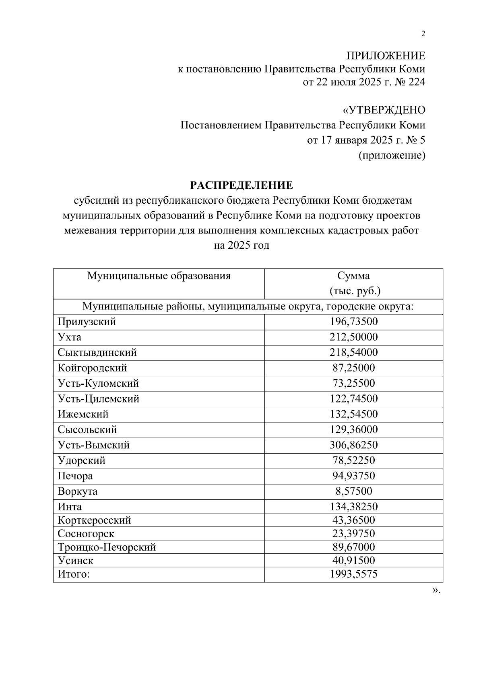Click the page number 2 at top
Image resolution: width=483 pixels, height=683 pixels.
(423, 34)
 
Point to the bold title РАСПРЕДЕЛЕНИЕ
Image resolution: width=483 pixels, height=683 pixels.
(242, 185)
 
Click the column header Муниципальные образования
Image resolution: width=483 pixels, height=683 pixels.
(159, 276)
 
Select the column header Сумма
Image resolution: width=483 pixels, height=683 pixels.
(353, 276)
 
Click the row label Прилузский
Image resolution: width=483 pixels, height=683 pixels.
(87, 322)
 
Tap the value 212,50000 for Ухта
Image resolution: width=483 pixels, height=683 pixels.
(353, 337)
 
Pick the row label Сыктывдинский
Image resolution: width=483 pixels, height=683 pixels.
(97, 353)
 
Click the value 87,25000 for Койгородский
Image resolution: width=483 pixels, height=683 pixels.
(353, 368)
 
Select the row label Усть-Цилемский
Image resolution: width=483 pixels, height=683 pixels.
(99, 399)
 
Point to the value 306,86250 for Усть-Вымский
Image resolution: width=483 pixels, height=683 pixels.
(353, 445)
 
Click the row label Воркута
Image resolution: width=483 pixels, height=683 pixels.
(78, 491)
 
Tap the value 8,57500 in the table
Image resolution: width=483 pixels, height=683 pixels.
(353, 491)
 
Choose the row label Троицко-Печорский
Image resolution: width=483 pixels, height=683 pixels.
(107, 547)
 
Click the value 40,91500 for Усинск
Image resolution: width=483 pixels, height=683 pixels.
(353, 561)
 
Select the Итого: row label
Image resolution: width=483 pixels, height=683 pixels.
(74, 574)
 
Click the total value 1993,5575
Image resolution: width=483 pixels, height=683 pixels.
(353, 574)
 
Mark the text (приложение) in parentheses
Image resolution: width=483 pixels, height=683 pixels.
(392, 155)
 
